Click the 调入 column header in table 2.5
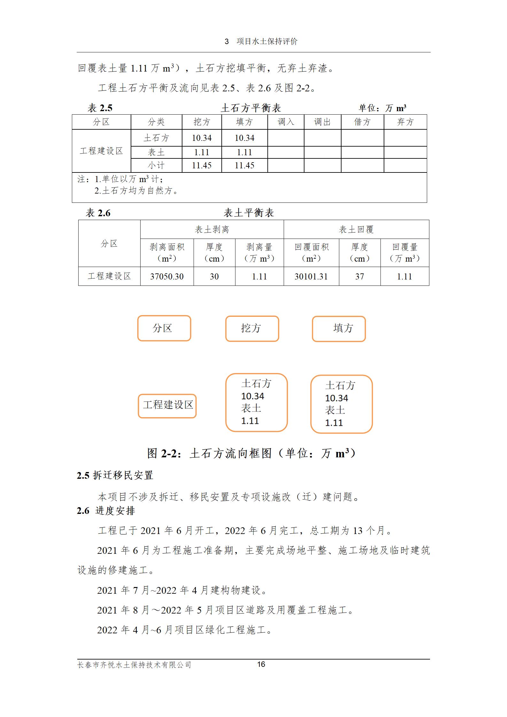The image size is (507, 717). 286,122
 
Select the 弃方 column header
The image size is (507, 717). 405,122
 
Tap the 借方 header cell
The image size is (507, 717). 362,122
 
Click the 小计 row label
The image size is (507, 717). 156,165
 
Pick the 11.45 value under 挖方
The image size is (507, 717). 202,165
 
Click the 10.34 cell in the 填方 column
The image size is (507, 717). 244,138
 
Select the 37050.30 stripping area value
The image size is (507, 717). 167,277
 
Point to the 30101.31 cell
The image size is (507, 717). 311,277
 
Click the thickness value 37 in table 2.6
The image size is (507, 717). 359,277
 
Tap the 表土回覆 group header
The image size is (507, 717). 356,229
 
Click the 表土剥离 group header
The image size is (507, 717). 212,229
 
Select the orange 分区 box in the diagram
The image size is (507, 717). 164,328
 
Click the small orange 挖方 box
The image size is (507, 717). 252,329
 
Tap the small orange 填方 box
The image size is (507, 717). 339,329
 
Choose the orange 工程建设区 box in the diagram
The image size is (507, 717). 167,406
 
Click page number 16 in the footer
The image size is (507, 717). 261,664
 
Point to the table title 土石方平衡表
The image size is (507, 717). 251,108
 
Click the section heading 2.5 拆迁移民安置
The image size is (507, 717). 115,475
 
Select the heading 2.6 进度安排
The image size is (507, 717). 106,511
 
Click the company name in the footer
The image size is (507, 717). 134,665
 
